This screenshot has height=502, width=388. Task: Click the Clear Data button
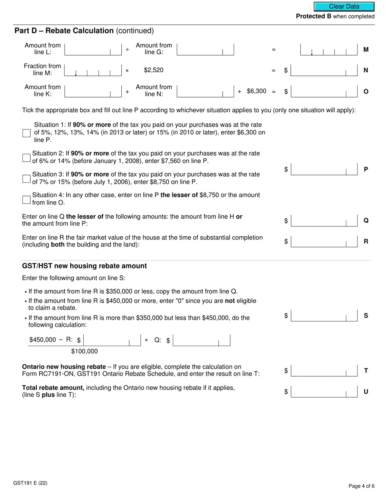point(344,7)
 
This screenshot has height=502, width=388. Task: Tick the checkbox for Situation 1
point(27,133)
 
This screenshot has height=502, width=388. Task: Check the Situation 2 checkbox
point(27,158)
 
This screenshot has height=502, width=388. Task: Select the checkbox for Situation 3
point(27,178)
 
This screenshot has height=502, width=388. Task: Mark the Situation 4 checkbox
point(27,199)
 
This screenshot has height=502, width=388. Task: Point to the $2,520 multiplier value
point(154,70)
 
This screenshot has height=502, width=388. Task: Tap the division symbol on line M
point(127,49)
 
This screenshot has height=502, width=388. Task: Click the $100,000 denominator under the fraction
point(85,351)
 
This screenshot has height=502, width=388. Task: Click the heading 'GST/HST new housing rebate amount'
point(84,266)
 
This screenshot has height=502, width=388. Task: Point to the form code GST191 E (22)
point(30,483)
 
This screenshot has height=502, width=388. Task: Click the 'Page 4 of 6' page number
point(361,486)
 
